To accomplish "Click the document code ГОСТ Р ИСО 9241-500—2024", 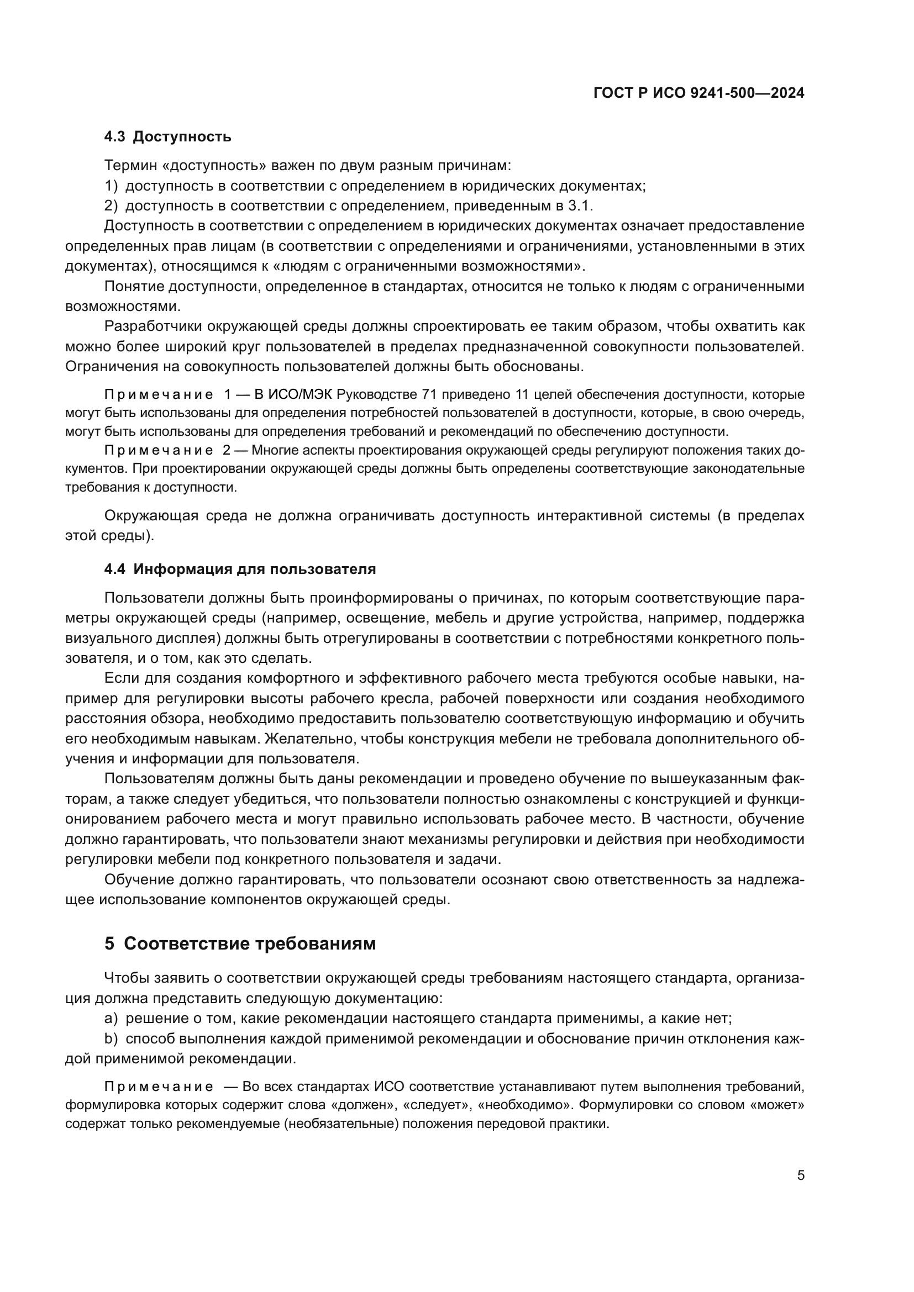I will coord(698,93).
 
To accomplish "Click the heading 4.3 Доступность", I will coord(168,137).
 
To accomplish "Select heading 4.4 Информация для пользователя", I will coord(240,569).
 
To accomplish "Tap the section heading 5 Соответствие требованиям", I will coord(240,943).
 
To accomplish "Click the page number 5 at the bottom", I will coord(801,1175).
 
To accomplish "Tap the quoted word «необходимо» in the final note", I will coord(523,1105).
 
